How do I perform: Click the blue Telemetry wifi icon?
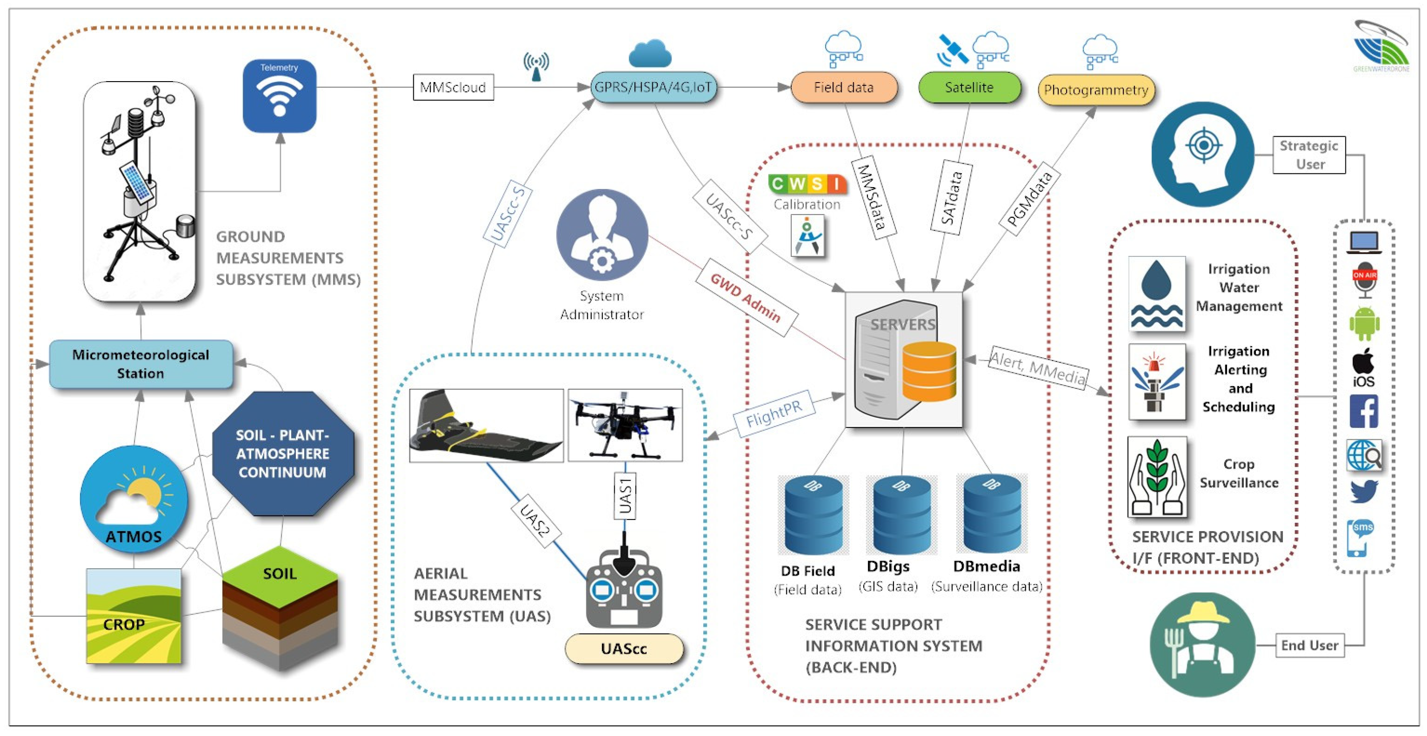[x=279, y=96]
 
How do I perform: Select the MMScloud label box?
[x=453, y=87]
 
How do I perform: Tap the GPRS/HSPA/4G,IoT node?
[x=654, y=87]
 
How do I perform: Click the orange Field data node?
[x=844, y=87]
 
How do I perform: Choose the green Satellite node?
[x=969, y=87]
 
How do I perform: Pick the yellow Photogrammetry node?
[x=1096, y=90]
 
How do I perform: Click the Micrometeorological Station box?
[x=141, y=364]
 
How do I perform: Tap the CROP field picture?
[x=133, y=616]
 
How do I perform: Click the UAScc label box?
[x=624, y=648]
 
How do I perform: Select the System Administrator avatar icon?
[x=602, y=235]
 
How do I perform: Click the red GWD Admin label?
[x=746, y=298]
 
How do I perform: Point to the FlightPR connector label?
[x=774, y=413]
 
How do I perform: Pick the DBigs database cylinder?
[x=901, y=515]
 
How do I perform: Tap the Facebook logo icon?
[x=1364, y=411]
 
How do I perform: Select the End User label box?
[x=1310, y=645]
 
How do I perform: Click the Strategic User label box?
[x=1309, y=155]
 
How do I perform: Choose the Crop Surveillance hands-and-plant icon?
[x=1157, y=477]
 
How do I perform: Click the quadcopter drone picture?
[x=625, y=425]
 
